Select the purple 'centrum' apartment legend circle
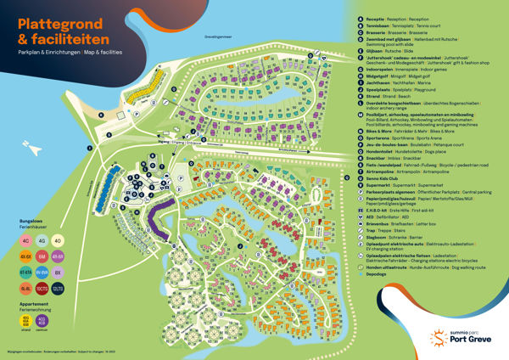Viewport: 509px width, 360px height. (42, 321)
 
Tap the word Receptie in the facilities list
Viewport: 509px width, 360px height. (374, 16)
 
